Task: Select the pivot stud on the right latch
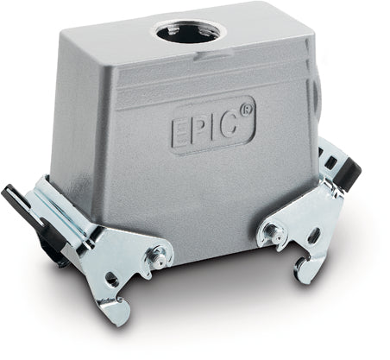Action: [x=271, y=231]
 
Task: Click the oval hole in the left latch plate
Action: [x=113, y=279]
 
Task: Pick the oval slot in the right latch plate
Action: [x=315, y=236]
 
